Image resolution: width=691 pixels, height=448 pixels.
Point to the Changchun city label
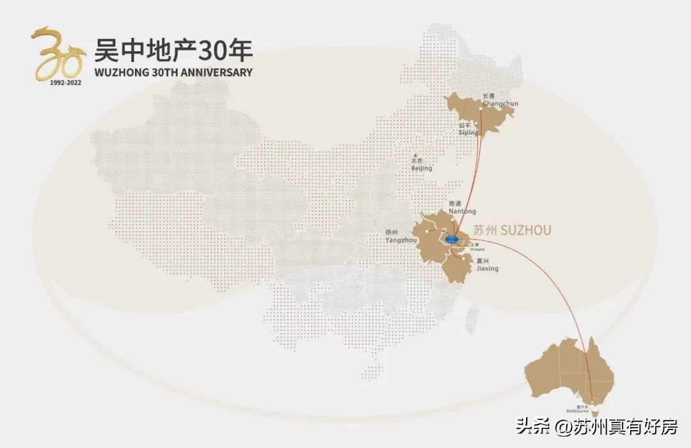coord(500,103)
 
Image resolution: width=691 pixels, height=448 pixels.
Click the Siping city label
coord(468,132)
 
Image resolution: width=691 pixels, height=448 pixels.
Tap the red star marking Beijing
coord(416,157)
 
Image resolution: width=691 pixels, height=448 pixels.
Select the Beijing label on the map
coord(422,168)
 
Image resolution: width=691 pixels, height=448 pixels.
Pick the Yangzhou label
coord(401,240)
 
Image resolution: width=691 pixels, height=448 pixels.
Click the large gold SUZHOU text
coord(525,229)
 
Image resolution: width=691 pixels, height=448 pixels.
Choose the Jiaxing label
coord(487,268)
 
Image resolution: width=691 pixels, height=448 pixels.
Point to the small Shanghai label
coord(477,248)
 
